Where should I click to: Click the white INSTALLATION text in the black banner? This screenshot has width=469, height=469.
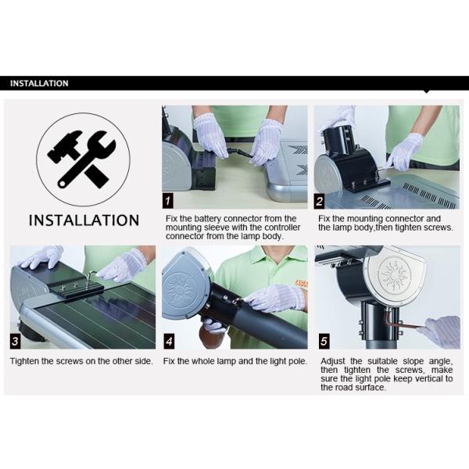coord(39,83)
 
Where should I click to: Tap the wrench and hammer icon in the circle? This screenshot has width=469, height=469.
coord(81,159)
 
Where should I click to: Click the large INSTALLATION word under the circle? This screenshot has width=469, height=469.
coord(84,220)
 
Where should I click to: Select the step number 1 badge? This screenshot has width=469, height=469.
coord(168,200)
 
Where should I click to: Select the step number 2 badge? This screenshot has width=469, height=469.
coord(320,201)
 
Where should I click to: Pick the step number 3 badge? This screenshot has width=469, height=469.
coord(16,342)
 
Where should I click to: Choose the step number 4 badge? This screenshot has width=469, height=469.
coord(169,342)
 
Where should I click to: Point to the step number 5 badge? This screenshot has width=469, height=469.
coord(324,342)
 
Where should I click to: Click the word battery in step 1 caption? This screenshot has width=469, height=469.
coord(208,219)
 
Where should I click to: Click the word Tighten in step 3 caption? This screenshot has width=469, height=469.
coord(25,361)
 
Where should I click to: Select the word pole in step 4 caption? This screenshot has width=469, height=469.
coord(299,362)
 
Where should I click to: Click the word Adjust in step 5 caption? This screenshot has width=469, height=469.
coord(333,361)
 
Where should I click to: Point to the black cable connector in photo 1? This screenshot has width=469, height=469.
coord(239,152)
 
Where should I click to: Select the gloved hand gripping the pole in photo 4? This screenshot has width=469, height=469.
coord(274,297)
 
